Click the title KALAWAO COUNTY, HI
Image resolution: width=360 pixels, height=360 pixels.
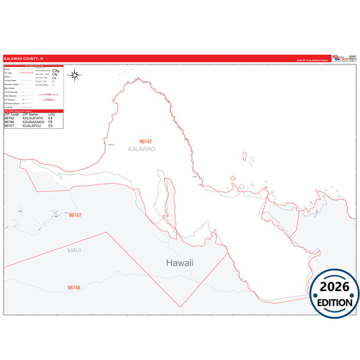(x=21, y=59)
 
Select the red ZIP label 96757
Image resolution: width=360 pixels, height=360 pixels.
(x=75, y=215)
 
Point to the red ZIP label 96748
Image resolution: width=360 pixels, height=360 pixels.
(x=74, y=288)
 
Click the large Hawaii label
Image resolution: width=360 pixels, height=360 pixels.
(x=180, y=262)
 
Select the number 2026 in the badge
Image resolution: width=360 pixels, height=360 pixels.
(x=335, y=286)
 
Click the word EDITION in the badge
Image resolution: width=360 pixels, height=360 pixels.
(x=335, y=303)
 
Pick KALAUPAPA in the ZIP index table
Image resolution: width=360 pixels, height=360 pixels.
(x=32, y=118)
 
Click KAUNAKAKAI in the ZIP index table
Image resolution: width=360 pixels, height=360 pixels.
(x=33, y=122)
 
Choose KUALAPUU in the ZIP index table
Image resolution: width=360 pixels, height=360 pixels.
(x=31, y=126)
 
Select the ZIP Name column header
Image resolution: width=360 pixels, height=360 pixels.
(x=30, y=114)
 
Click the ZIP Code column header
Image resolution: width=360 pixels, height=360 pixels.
(x=10, y=114)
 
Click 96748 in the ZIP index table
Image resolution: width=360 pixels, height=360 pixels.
(x=9, y=122)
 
